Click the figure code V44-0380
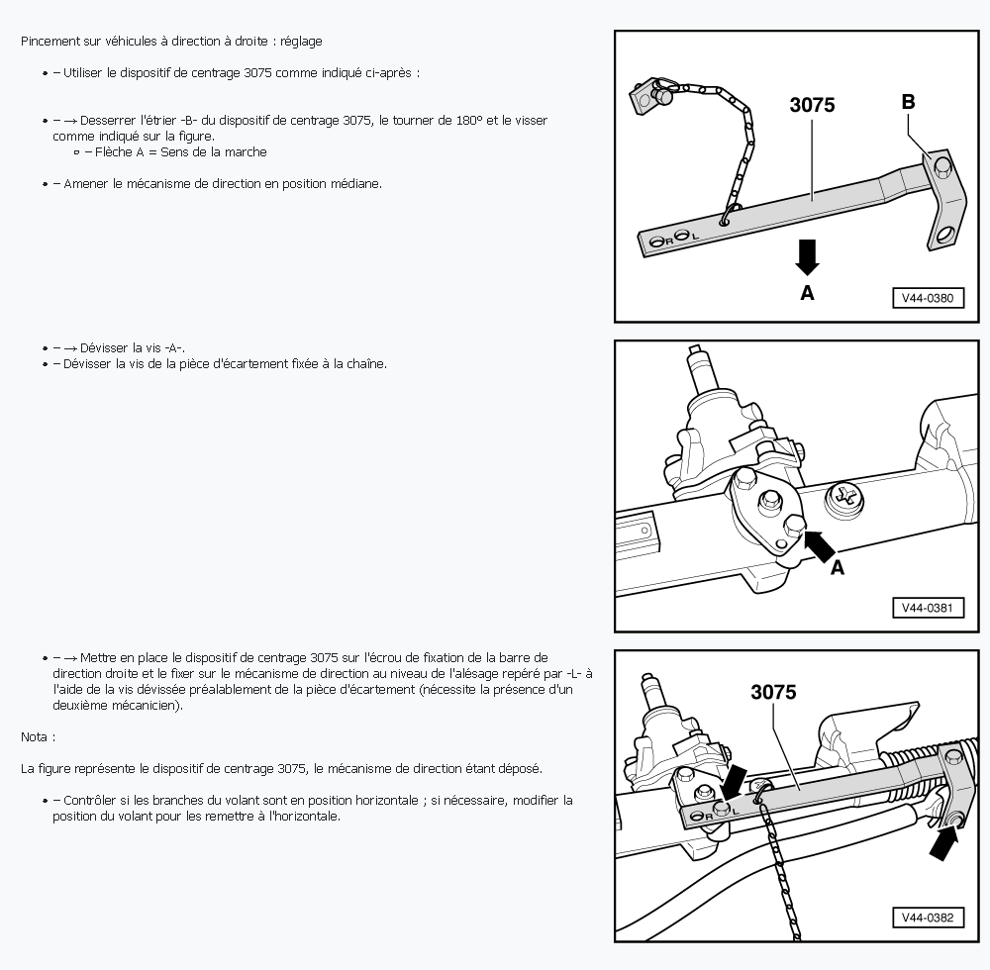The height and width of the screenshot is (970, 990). pyautogui.click(x=928, y=299)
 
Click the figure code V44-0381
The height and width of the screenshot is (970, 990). pyautogui.click(x=928, y=609)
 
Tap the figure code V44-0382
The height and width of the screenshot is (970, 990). pyautogui.click(x=928, y=919)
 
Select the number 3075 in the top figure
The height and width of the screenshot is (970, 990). pyautogui.click(x=812, y=105)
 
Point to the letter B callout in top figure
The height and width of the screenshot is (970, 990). pyautogui.click(x=908, y=102)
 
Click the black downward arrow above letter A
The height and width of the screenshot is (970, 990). pyautogui.click(x=807, y=257)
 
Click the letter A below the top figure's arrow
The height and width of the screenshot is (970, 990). pyautogui.click(x=807, y=293)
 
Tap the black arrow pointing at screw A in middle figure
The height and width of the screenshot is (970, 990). pyautogui.click(x=819, y=546)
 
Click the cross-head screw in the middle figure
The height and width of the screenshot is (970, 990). pyautogui.click(x=844, y=500)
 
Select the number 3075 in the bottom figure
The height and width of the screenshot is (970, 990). pyautogui.click(x=773, y=692)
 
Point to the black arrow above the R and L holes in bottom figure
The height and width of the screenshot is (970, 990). pyautogui.click(x=733, y=783)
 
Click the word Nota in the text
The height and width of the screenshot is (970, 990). pyautogui.click(x=34, y=737)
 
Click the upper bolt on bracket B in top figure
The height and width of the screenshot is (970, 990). pyautogui.click(x=941, y=165)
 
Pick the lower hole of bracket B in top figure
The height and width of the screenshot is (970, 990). pyautogui.click(x=943, y=236)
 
